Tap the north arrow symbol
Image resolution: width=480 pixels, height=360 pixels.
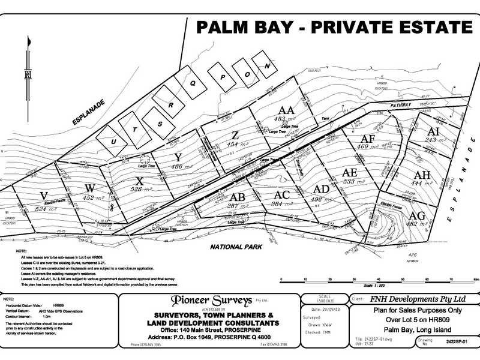pyautogui.click(x=28, y=72)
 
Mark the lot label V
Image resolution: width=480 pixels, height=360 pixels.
pyautogui.click(x=44, y=196)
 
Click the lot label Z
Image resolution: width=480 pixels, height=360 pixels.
pyautogui.click(x=235, y=134)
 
